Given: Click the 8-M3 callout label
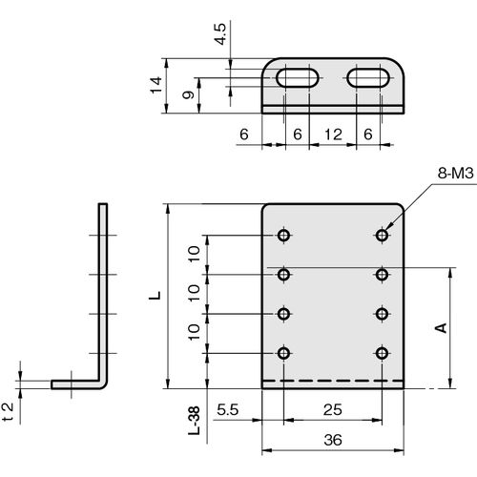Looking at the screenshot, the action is [455, 174].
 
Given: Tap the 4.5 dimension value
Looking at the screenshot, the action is [220, 33].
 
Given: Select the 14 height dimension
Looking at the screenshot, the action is [156, 85].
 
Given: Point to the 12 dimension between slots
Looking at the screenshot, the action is [333, 135].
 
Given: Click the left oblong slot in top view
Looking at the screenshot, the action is [298, 77].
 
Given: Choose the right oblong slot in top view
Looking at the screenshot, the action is [368, 77].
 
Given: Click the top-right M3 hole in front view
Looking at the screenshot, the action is [382, 236].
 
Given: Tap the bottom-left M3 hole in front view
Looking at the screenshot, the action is [283, 353].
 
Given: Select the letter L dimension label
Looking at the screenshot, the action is [156, 296].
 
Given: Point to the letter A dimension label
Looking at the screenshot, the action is [441, 328].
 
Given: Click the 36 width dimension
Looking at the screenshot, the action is [333, 440].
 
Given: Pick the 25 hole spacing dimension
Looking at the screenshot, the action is [333, 409].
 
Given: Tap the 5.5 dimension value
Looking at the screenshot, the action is [228, 409].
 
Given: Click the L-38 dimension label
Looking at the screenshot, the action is [195, 421].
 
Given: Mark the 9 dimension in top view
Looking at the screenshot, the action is [189, 94].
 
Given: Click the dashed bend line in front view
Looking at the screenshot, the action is [333, 381].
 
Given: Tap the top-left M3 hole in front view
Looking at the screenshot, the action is [283, 236].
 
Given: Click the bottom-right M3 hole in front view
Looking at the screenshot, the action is [382, 353].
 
